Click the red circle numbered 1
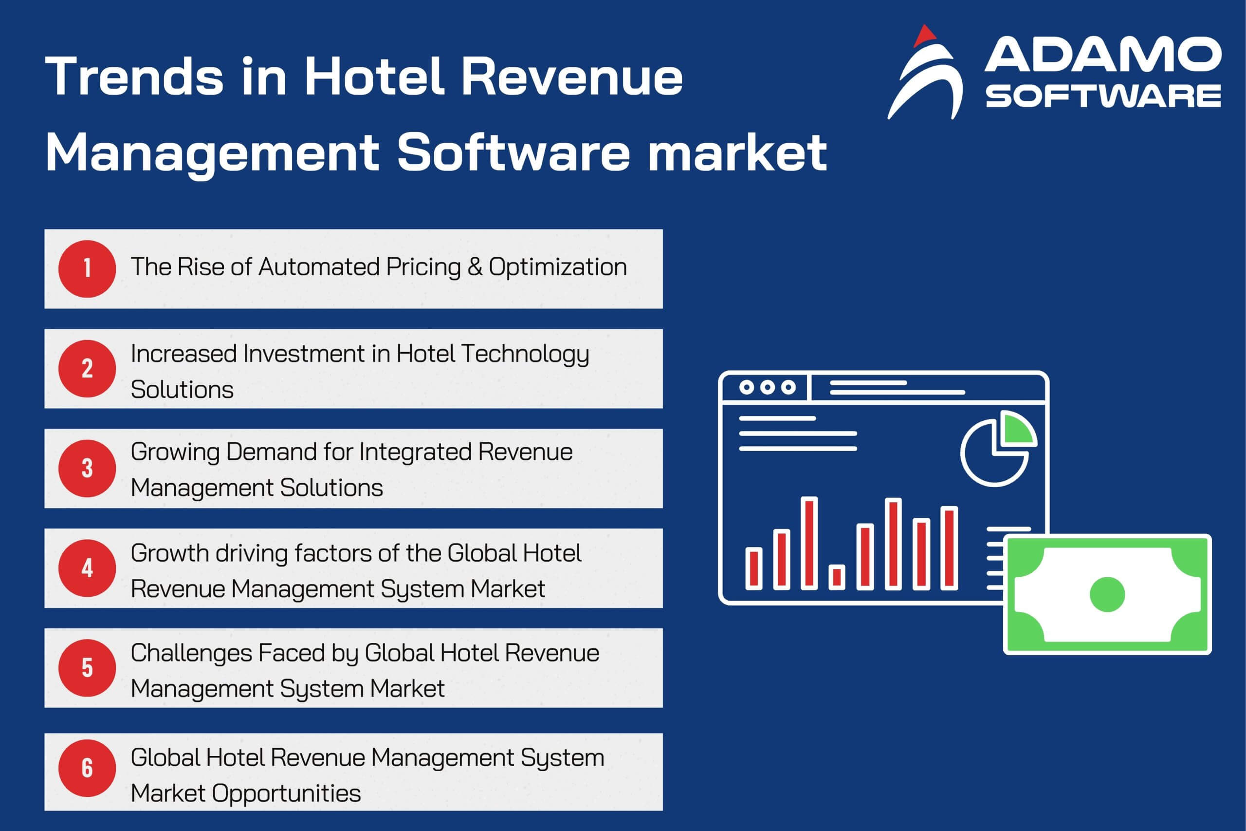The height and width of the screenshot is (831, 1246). coord(87,269)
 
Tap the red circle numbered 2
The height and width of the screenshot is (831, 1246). coord(87,368)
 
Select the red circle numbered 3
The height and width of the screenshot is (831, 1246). coord(87,469)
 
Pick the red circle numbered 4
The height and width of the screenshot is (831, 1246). coord(87,568)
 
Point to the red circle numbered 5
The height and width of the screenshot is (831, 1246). coord(87,668)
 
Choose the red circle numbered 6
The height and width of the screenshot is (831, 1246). coord(87,768)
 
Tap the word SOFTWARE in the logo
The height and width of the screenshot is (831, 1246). coord(1103,96)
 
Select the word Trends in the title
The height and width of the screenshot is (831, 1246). coord(134,77)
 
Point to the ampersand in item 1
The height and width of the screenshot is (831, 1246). coord(475,267)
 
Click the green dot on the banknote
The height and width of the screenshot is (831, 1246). coord(1107,595)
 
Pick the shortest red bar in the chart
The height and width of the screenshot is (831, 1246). coord(837,577)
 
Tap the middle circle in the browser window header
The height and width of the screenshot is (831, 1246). coord(767,387)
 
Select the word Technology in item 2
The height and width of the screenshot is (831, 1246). coord(525,355)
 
